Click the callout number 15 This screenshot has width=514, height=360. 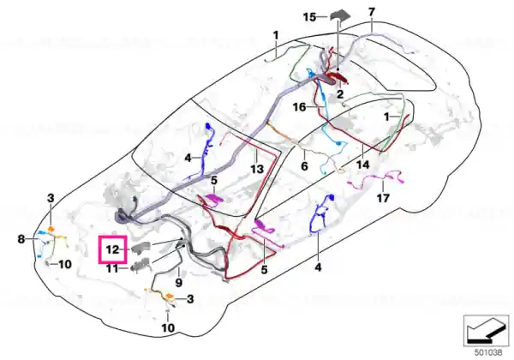point(310,17)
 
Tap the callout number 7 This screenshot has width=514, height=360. point(372,12)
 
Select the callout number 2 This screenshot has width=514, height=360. point(340,94)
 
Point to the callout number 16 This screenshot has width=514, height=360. point(300,107)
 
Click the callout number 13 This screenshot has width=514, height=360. point(257,169)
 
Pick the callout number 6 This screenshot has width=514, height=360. point(304,166)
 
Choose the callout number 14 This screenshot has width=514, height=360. point(363,165)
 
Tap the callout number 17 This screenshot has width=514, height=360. point(383,198)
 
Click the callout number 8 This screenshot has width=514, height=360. point(21,239)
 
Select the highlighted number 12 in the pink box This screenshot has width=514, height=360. point(112,249)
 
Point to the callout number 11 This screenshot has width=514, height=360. point(111,269)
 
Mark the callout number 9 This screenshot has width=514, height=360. point(179,282)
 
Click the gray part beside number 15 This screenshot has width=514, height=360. point(339,16)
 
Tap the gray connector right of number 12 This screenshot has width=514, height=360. point(141,248)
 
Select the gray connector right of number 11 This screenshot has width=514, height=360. point(141,265)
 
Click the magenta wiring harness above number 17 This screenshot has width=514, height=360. point(376,180)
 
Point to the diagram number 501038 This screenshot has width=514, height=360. point(488,353)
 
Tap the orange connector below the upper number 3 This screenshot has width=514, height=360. point(51,229)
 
